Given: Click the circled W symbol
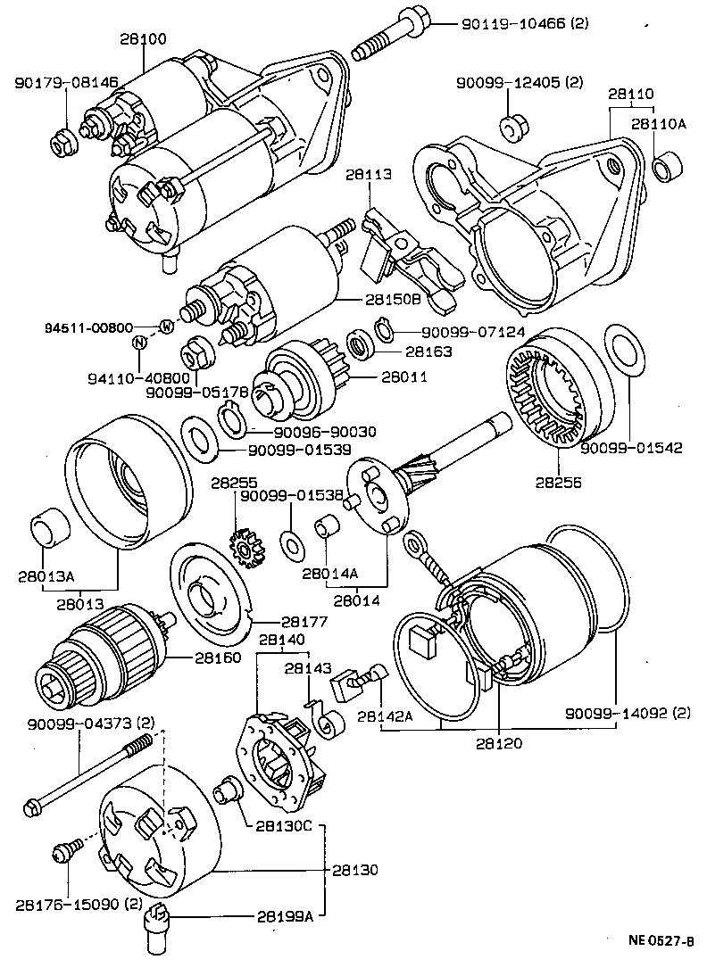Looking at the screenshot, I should [x=165, y=327].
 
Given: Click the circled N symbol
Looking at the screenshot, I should [x=139, y=343].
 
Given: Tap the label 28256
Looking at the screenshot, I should [x=558, y=483].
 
